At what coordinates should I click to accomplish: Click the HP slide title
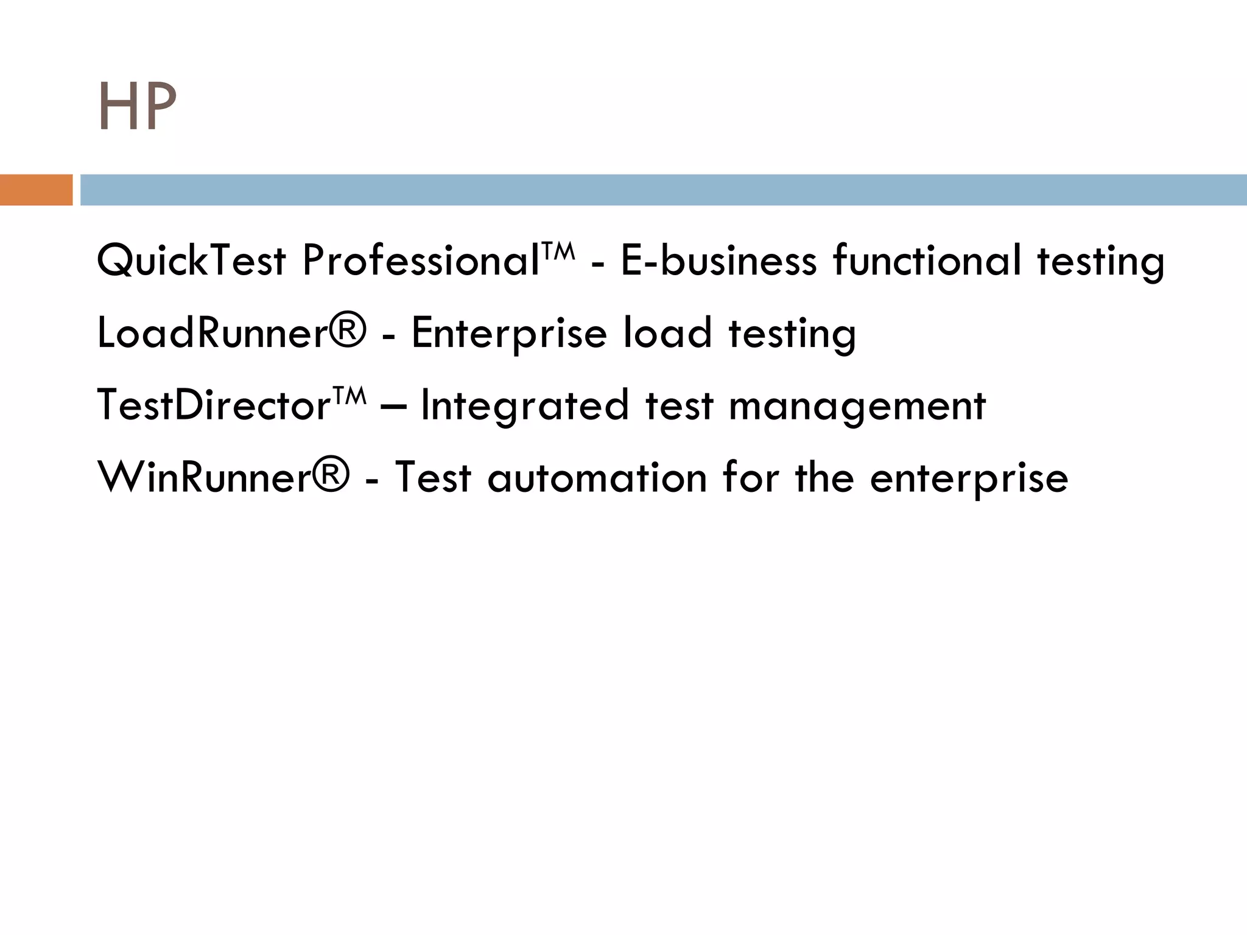pos(137,108)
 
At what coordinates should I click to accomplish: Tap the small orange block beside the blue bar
pos(36,190)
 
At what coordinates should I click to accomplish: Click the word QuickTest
pos(191,261)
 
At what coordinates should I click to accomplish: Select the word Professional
pos(421,261)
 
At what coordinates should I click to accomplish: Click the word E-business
pos(718,261)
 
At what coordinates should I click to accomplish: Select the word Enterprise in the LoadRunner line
pos(509,334)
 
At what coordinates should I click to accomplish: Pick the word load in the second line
pos(667,333)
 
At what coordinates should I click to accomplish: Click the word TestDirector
pos(213,405)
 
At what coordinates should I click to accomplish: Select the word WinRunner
pos(205,478)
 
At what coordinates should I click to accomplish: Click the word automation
pos(597,478)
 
